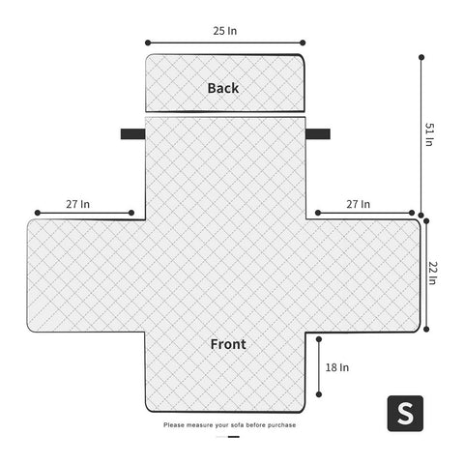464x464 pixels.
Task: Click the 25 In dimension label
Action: coord(225,31)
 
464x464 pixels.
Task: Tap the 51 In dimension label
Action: coord(429,134)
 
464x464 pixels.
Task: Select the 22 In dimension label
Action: coord(432,273)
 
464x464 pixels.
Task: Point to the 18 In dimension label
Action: coord(337,367)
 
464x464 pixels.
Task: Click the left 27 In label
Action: coord(78,204)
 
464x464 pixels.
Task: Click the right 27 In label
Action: coord(359,204)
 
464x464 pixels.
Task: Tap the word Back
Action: coord(223,88)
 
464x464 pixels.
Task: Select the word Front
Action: coord(228,344)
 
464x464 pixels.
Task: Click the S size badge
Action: coord(405,414)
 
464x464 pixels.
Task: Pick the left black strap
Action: coord(133,134)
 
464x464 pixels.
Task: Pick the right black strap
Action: coord(318,134)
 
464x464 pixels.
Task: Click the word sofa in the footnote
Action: coord(237,425)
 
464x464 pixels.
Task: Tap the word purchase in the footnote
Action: coord(281,425)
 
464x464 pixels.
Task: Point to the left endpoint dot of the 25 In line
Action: coord(148,43)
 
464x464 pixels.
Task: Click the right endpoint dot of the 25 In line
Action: coord(303,43)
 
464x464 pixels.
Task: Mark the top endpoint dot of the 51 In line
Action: coord(421,57)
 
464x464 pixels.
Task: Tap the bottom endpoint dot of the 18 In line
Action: coord(319,394)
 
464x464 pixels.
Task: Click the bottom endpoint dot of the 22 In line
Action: coord(426,329)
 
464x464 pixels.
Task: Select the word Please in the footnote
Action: coord(174,425)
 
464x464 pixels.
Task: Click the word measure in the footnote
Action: coord(200,425)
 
